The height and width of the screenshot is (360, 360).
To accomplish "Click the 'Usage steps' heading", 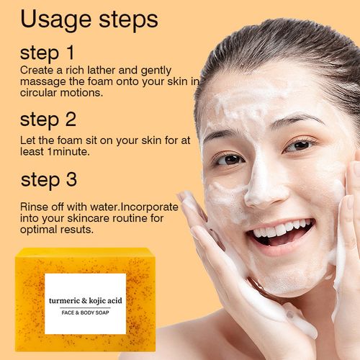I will pyautogui.click(x=89, y=19).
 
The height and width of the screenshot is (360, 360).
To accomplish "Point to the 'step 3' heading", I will pyautogui.click(x=49, y=179).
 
